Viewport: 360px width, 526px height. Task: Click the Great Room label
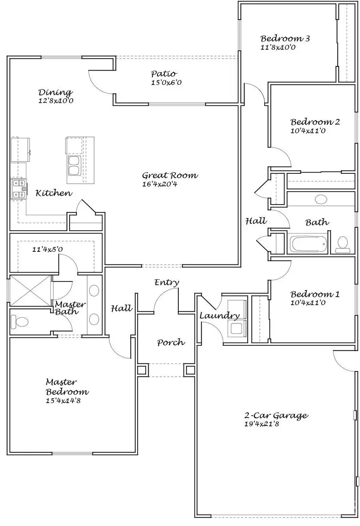point(170,175)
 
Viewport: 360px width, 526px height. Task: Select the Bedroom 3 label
point(285,39)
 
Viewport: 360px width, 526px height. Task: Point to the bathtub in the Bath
point(307,244)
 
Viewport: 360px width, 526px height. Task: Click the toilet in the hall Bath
point(343,244)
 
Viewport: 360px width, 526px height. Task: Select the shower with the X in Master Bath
point(30,291)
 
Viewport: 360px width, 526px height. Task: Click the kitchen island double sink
point(74,166)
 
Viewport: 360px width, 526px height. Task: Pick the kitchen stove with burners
point(18,189)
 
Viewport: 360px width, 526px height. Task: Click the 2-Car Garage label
point(276,415)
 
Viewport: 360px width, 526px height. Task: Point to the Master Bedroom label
point(67,387)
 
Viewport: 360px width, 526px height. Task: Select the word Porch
point(171,342)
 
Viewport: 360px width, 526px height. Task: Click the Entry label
point(167,283)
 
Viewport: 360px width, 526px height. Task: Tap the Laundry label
point(219,316)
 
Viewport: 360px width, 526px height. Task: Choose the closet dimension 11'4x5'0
point(48,250)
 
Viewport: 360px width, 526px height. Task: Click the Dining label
point(55,92)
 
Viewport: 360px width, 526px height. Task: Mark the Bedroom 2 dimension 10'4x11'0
point(308,130)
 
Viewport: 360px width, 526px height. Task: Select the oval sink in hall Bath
point(321,199)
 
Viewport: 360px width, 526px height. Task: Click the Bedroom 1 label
point(315,294)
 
